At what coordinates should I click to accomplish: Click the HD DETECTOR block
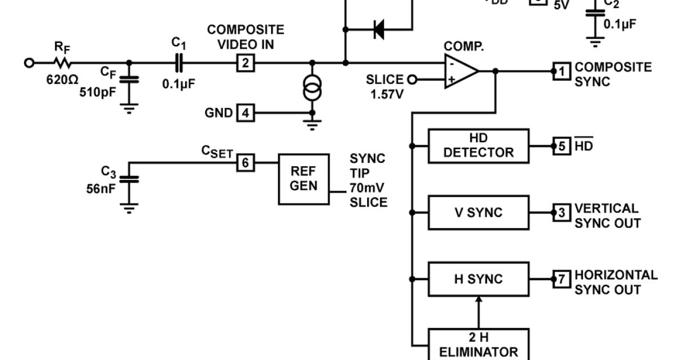478,145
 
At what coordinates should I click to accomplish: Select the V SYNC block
478,213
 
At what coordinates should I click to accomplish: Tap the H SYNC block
478,279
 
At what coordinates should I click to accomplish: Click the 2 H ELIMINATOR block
478,345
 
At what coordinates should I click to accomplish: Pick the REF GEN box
304,179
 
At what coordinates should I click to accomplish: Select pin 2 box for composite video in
245,62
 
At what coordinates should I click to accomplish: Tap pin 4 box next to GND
245,113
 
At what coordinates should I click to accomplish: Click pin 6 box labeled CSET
245,163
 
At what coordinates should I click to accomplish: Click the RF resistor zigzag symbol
62,62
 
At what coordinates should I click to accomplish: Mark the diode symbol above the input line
378,29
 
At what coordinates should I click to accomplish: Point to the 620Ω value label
62,79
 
